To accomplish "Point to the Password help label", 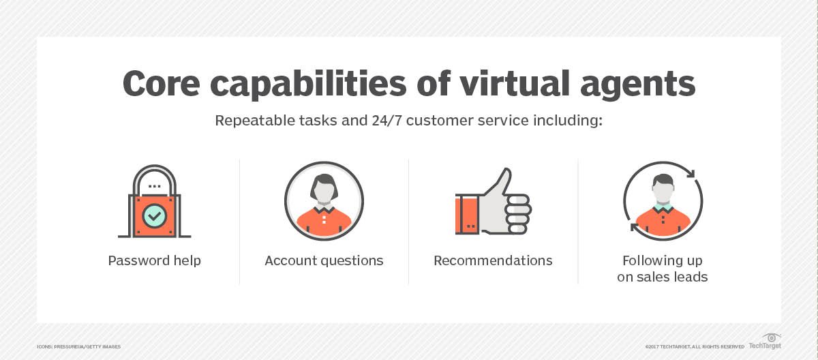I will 154,260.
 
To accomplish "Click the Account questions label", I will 324,260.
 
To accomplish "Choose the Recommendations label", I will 493,260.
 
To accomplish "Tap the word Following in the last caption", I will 662,260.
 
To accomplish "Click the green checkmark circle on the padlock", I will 154,217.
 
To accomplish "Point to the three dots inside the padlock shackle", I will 154,185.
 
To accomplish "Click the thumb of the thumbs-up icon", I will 502,183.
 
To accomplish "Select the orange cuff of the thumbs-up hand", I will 468,214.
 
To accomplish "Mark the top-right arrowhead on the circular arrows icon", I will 690,174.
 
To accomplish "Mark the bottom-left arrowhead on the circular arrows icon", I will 635,226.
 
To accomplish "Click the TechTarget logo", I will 765,341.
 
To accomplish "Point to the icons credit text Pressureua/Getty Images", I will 78,347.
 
